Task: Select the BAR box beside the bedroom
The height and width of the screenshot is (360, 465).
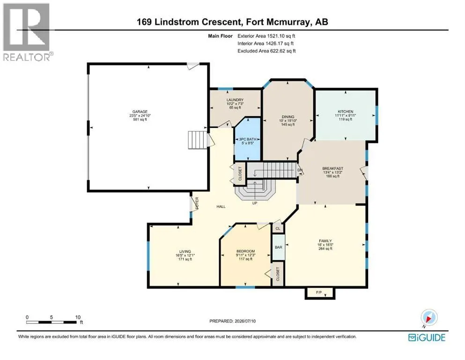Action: click(x=279, y=247)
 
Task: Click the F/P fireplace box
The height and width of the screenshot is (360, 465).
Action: click(x=320, y=293)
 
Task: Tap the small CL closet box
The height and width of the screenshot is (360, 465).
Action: click(x=278, y=228)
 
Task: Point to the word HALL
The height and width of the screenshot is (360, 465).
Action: click(x=221, y=207)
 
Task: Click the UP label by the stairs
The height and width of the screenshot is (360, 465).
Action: click(x=254, y=203)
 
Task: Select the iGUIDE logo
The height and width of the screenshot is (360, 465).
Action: click(x=427, y=337)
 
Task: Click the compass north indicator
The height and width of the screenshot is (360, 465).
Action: click(x=428, y=317)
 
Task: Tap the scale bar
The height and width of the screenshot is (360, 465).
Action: click(x=51, y=322)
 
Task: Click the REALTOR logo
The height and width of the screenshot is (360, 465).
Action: click(x=28, y=32)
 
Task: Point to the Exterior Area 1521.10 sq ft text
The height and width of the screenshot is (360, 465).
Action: click(x=266, y=36)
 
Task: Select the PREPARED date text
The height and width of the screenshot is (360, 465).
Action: click(x=232, y=321)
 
